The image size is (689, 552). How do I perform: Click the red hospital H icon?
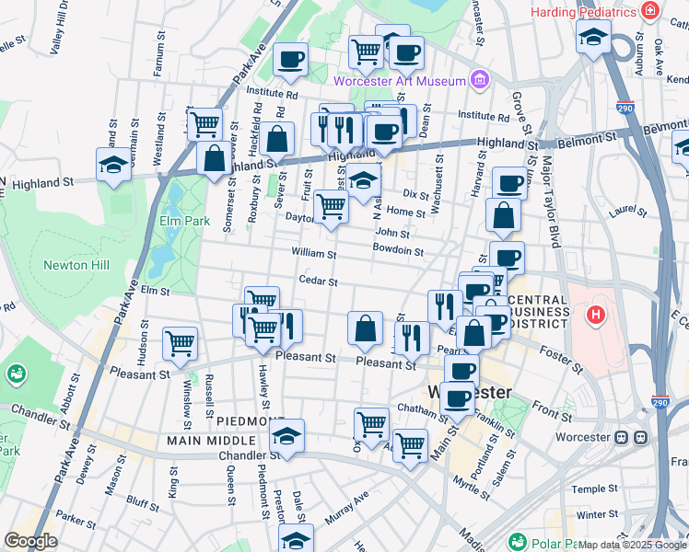click(x=597, y=315)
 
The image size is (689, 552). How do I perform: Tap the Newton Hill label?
click(x=76, y=265)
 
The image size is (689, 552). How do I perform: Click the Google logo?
click(x=31, y=541)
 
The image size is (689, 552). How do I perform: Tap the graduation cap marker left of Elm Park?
click(x=114, y=165)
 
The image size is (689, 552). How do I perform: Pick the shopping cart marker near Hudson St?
click(x=180, y=343)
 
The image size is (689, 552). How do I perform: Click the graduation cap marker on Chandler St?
click(x=288, y=435)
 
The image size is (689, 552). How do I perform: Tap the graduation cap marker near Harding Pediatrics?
click(x=593, y=36)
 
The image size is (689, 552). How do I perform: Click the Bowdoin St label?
click(x=398, y=250)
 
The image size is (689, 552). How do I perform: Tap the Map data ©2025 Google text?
click(x=632, y=545)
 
